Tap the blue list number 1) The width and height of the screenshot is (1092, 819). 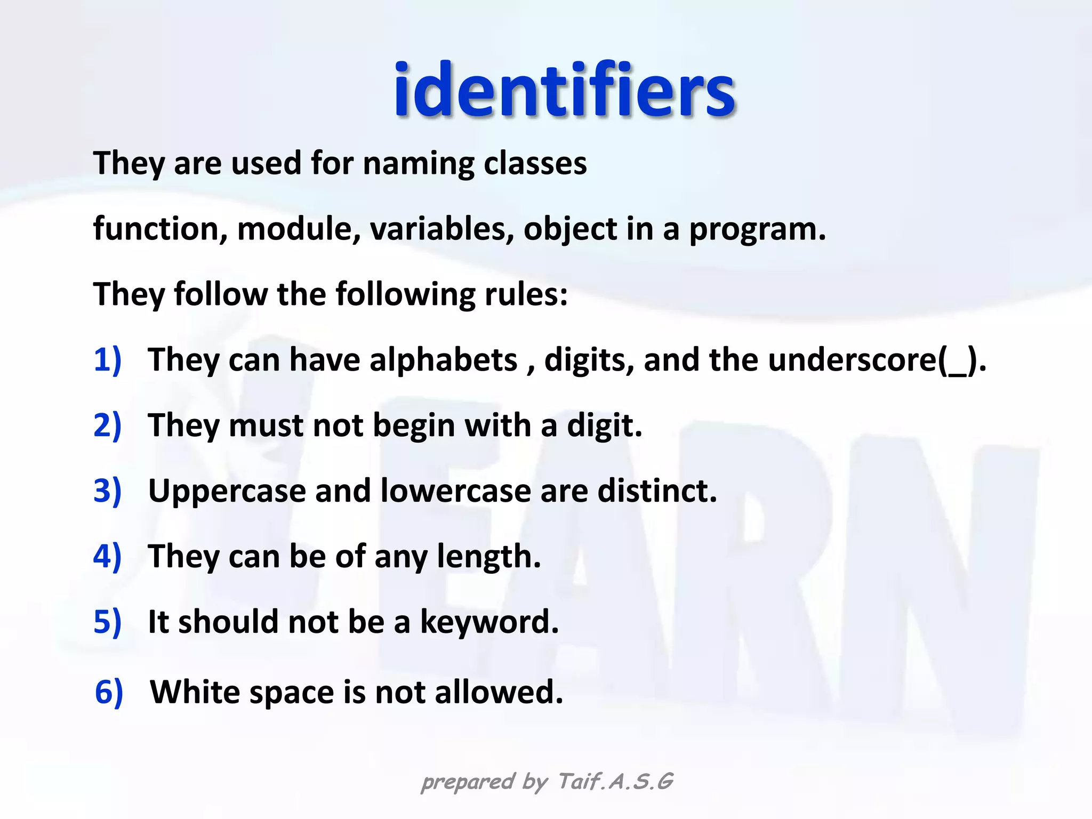[107, 360]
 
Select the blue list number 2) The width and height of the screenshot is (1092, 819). [107, 425]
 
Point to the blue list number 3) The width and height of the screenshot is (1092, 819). [107, 491]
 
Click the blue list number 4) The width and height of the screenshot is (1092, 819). [107, 556]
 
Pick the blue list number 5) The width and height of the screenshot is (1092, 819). [107, 622]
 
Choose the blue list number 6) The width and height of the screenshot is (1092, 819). [109, 692]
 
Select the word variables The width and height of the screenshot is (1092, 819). [442, 229]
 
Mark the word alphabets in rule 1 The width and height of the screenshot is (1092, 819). [443, 360]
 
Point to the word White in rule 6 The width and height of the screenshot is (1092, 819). [195, 692]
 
